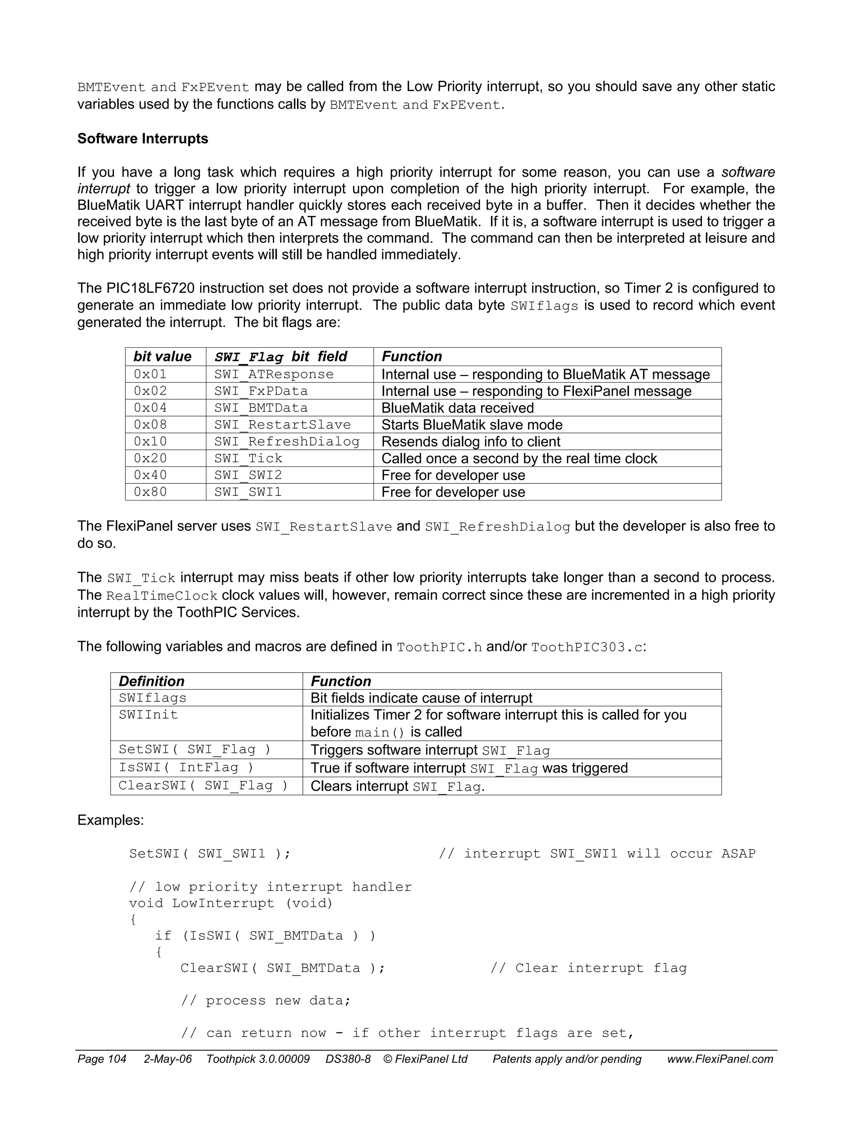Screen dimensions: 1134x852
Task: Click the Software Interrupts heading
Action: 143,139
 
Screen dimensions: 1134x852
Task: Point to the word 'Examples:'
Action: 111,820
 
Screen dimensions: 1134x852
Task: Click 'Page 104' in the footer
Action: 102,1059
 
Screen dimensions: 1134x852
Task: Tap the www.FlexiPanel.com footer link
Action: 720,1059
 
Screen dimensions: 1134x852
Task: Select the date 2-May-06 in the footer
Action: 168,1059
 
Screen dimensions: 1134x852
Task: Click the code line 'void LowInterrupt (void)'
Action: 231,903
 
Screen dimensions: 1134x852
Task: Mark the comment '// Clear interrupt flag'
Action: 588,968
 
